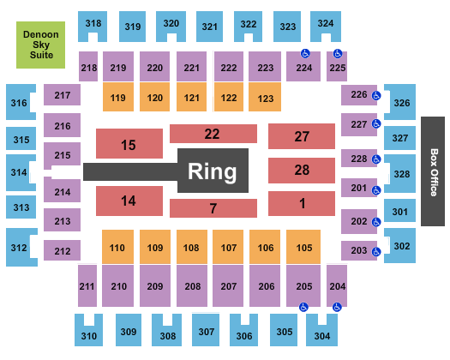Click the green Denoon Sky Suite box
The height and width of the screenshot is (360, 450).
tap(40, 45)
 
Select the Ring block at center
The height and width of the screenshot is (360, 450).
tap(213, 171)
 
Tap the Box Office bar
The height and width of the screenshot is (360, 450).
tap(433, 171)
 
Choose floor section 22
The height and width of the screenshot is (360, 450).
tap(213, 134)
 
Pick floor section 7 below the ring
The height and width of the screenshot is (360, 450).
tap(213, 208)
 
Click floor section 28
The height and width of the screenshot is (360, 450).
tap(302, 171)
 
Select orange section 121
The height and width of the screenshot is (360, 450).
tap(191, 97)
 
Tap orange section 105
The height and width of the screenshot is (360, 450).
tap(303, 247)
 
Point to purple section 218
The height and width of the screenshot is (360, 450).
tap(88, 66)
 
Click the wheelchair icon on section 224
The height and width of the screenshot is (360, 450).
tap(305, 53)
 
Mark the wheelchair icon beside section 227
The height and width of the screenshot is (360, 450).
tap(376, 123)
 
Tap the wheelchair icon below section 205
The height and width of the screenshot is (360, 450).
tap(303, 307)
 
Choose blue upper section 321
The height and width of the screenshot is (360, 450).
tap(210, 27)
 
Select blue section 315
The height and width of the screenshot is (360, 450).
tap(21, 138)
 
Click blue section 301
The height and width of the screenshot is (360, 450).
tap(399, 211)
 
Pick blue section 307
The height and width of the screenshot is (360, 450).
tap(206, 329)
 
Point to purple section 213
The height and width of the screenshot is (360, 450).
tap(62, 220)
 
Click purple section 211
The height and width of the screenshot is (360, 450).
tap(87, 285)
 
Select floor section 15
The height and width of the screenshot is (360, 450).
tap(129, 143)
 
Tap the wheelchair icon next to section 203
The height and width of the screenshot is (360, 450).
tap(376, 252)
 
